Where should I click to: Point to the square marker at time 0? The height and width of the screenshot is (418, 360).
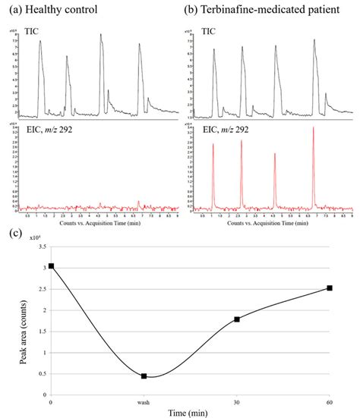51,266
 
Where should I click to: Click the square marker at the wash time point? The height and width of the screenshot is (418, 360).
144,376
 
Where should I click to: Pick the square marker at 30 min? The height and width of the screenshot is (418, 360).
237,319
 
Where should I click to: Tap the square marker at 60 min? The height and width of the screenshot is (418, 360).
330,288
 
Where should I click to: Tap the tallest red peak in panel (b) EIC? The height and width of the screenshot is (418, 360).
314,129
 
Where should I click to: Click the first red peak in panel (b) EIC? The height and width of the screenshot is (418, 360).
213,146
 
